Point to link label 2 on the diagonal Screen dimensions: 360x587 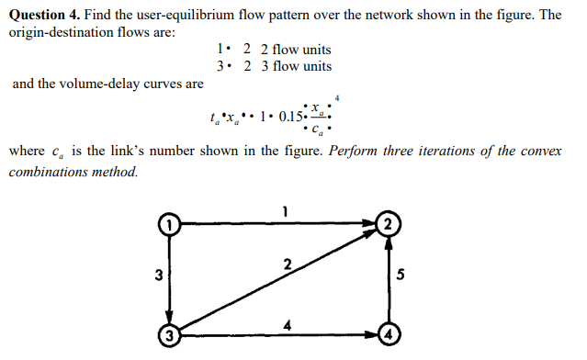pyautogui.click(x=287, y=266)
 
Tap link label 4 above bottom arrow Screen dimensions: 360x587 pyautogui.click(x=288, y=324)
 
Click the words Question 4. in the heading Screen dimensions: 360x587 pyautogui.click(x=43, y=16)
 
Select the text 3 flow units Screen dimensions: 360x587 pyautogui.click(x=296, y=66)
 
